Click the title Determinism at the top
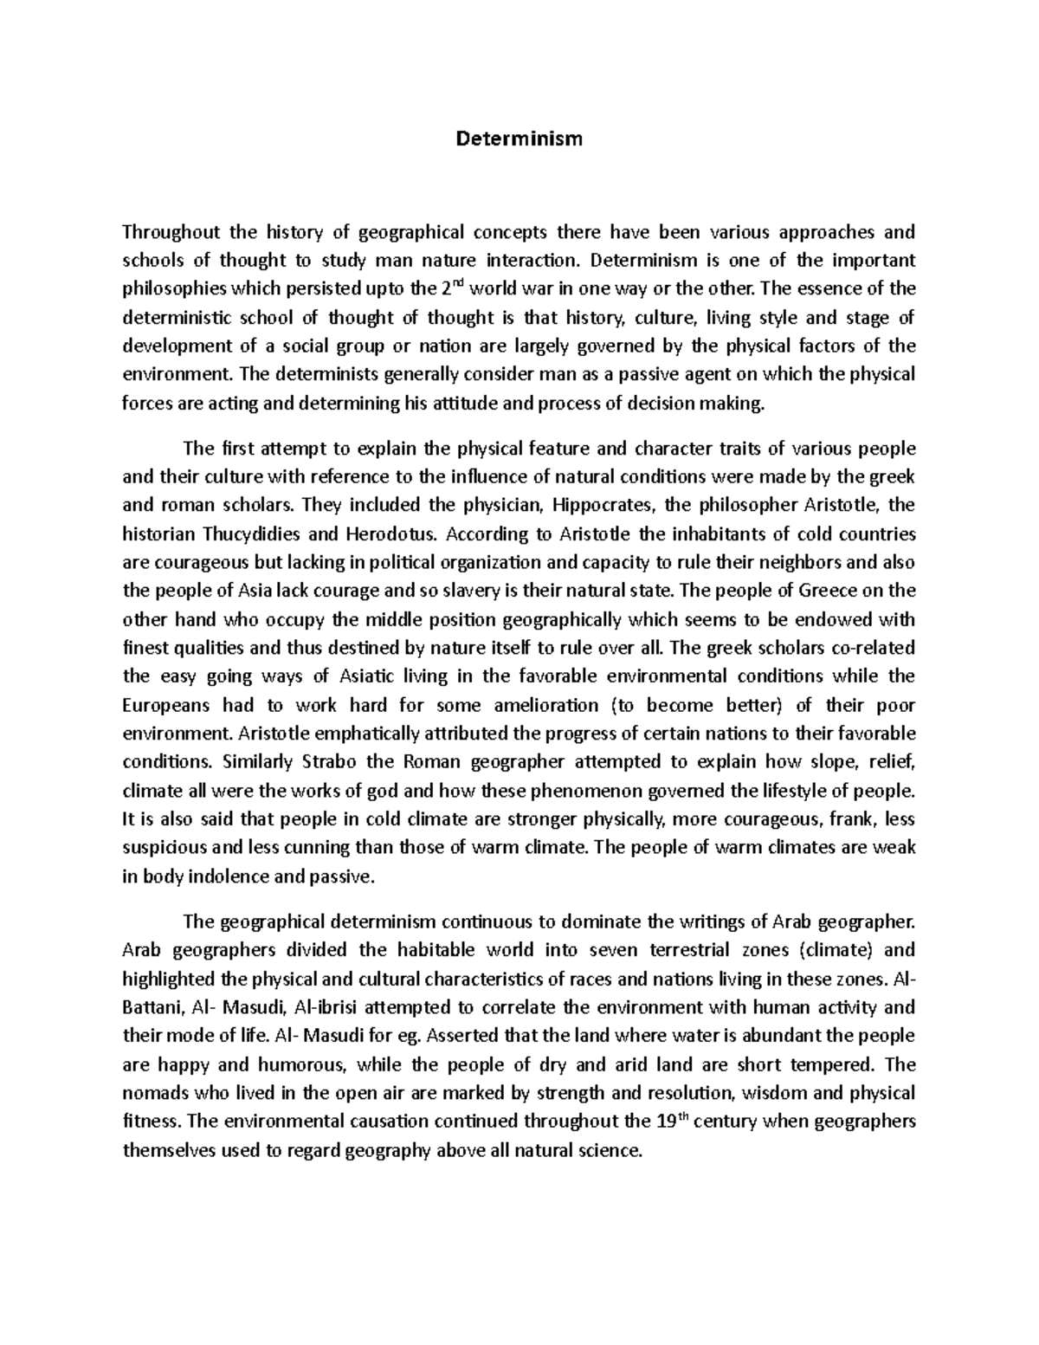click(x=519, y=139)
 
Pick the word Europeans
click(x=168, y=705)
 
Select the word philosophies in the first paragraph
click(x=172, y=288)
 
